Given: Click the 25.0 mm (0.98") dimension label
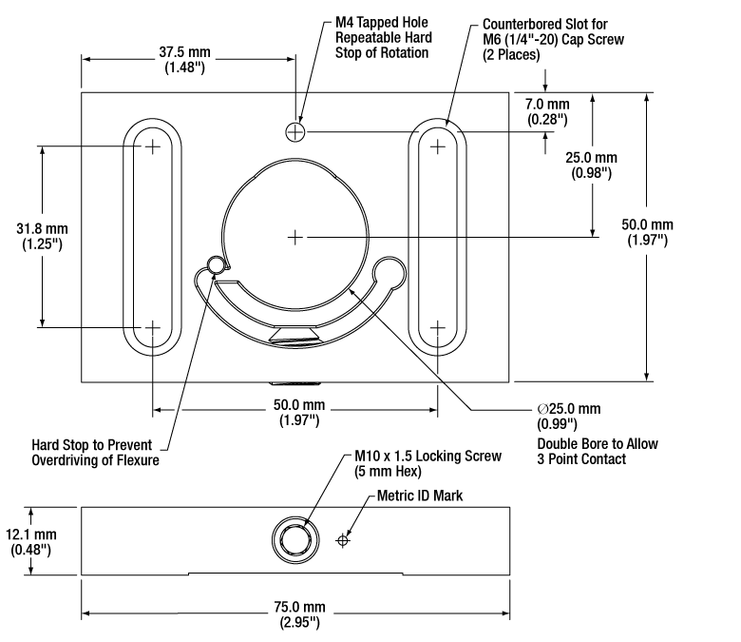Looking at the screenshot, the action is [x=591, y=165].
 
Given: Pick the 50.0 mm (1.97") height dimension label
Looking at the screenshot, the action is [x=648, y=232].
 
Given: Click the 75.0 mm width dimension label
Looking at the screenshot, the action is [x=299, y=614].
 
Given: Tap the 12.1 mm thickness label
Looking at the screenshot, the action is [x=31, y=542].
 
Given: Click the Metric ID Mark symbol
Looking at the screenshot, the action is [x=343, y=540].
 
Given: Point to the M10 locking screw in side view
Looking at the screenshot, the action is [x=295, y=540].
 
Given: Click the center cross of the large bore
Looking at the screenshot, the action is [x=295, y=237].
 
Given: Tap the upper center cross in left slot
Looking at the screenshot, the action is [x=152, y=146].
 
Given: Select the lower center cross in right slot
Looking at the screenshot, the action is [x=438, y=327].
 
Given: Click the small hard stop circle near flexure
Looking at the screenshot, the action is [x=216, y=265].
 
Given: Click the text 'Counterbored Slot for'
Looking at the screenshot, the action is [x=545, y=24].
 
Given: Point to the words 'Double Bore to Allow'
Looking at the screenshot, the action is [x=598, y=444].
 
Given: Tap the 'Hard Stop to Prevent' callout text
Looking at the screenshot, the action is [x=92, y=445].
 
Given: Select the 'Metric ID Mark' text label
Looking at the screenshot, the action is [x=420, y=496].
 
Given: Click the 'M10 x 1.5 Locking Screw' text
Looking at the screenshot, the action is [x=427, y=457].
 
